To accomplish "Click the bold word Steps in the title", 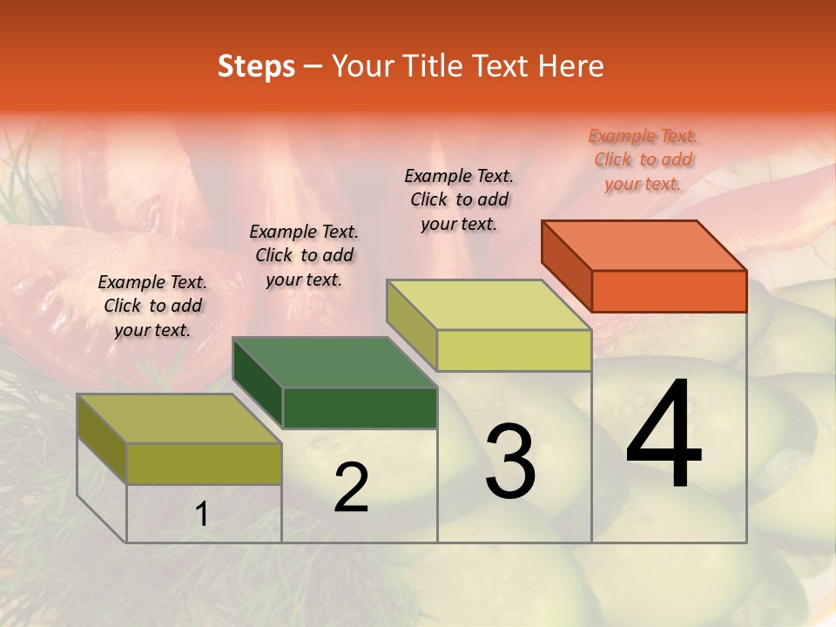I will pos(256,66).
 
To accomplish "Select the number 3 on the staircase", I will pos(510,462).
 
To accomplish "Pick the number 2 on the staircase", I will pos(351,489).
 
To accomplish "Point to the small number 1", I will pos(202,515).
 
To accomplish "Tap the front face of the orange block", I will pos(669,291).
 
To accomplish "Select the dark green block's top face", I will pos(334,361).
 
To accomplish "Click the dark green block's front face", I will pos(360,408).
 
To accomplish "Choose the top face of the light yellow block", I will pos(489,304).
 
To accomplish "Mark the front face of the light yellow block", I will pos(514,350).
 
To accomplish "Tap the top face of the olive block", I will pos(179,418).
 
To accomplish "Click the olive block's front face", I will pos(204,463).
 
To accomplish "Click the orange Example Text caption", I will pos(644,159).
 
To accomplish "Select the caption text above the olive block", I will pos(152,306).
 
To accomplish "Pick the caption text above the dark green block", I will pos(304,255).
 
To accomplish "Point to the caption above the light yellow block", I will pos(459,199).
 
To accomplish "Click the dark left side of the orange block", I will pos(566,266).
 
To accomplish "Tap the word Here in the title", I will pos(571,66).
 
